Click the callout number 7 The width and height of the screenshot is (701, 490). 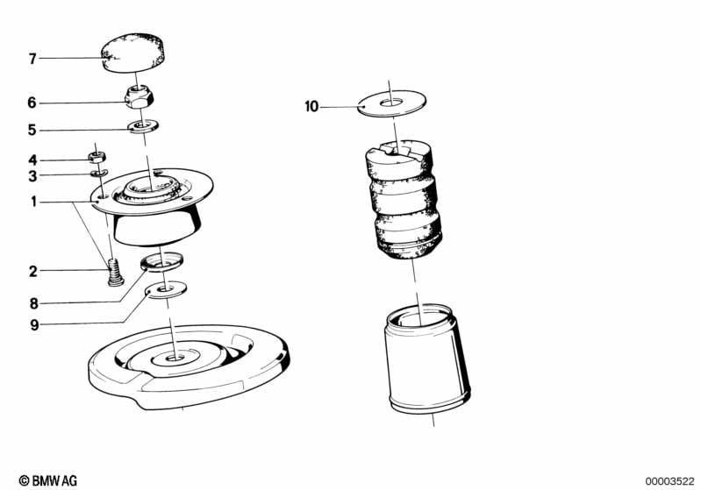(32, 59)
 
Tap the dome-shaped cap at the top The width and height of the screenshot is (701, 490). (132, 52)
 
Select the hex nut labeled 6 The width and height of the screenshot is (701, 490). (139, 97)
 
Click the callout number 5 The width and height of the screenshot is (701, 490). (32, 130)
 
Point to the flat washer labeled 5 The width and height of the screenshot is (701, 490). (143, 126)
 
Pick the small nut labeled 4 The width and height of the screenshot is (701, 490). (97, 157)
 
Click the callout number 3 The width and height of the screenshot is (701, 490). (32, 176)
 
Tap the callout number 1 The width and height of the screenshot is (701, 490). (33, 202)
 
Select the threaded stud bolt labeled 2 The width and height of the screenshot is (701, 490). (115, 272)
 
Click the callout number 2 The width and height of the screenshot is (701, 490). (33, 271)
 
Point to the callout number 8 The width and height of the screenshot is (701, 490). (34, 304)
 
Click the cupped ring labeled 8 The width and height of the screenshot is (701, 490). (161, 261)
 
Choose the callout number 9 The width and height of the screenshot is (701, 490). (34, 324)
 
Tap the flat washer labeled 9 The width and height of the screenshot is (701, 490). (167, 289)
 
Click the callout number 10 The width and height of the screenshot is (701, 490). (311, 107)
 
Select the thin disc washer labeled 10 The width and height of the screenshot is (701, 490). (391, 103)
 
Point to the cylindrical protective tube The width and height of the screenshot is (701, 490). (426, 359)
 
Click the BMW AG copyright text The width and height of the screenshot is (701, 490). (48, 480)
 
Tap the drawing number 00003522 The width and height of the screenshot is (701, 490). (669, 481)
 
